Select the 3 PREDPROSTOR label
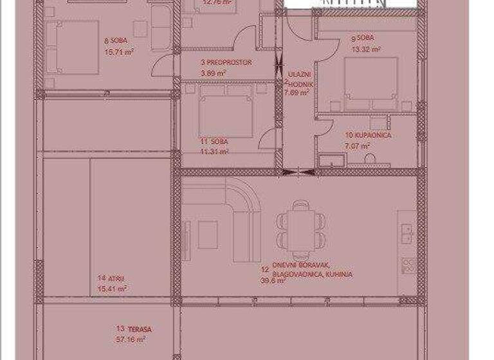pyautogui.click(x=226, y=63)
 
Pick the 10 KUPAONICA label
pyautogui.click(x=369, y=136)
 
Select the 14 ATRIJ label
pyautogui.click(x=111, y=278)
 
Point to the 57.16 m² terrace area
pyautogui.click(x=131, y=339)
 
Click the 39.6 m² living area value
pyautogui.click(x=272, y=280)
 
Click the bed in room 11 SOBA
pyautogui.click(x=224, y=113)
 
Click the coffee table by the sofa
pyautogui.click(x=207, y=235)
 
